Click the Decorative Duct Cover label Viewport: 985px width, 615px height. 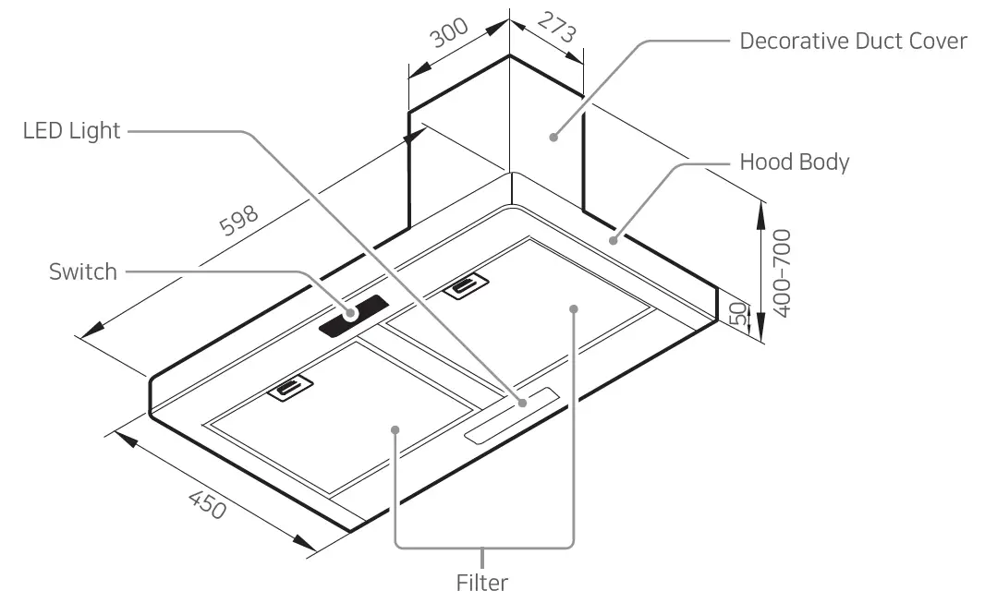853,42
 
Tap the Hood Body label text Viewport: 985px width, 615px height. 794,163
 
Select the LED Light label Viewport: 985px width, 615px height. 71,131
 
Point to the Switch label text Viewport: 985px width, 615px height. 83,271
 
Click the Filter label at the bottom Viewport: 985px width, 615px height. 481,584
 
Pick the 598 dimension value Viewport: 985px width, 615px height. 238,222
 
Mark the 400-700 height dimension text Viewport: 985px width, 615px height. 782,273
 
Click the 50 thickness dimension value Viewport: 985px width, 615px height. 737,313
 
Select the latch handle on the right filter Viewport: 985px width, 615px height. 468,289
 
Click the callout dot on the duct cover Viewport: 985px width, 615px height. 553,138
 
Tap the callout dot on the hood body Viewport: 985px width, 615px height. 613,239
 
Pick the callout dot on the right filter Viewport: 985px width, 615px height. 574,308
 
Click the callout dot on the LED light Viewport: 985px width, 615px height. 522,403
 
